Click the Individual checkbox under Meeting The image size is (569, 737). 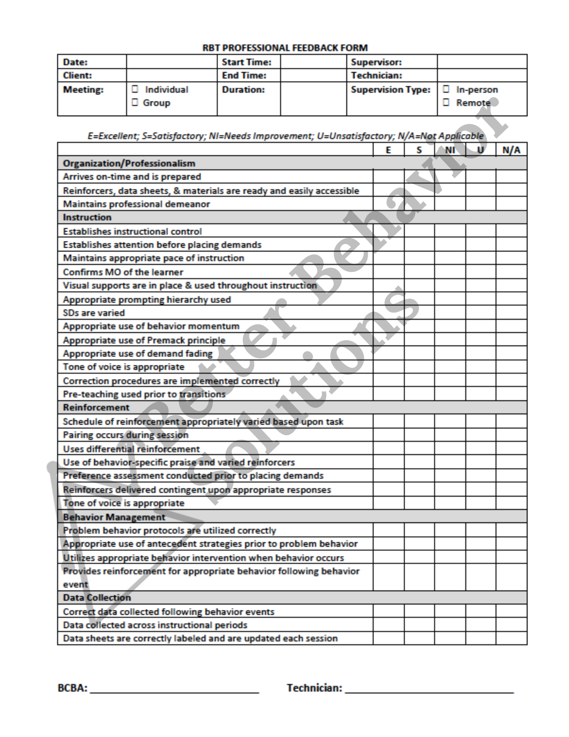coord(135,89)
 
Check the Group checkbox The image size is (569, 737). coord(135,102)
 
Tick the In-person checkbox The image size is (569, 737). coord(446,89)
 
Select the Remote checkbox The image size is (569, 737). coord(446,102)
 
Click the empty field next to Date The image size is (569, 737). coord(172,62)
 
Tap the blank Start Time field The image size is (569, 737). coord(313,62)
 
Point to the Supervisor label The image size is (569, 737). coord(376,62)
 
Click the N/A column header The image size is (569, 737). coord(511,150)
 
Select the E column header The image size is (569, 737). coord(388,150)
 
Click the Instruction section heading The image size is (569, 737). coord(87,217)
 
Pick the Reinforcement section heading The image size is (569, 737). coord(96,408)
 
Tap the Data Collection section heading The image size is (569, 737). coord(97,598)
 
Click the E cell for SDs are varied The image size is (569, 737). coord(389,313)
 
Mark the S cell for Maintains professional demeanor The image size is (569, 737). coord(419,204)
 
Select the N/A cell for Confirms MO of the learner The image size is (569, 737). coord(511,272)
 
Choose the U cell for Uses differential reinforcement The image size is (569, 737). coord(481,449)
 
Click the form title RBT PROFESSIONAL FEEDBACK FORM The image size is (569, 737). coord(285,48)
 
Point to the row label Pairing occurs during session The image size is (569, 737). coord(126,435)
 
